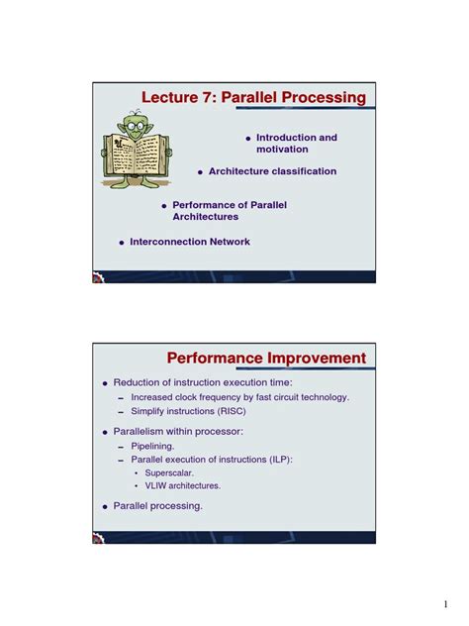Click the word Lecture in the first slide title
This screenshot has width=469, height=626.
click(x=174, y=98)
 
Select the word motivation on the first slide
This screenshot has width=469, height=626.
click(x=282, y=150)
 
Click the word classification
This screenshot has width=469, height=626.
click(x=305, y=171)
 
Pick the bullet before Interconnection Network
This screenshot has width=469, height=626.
click(x=121, y=243)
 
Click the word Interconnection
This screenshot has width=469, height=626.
click(x=165, y=242)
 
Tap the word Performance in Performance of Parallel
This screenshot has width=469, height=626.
click(x=202, y=205)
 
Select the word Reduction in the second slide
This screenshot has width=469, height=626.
click(x=138, y=381)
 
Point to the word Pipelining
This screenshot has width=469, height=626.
click(x=152, y=446)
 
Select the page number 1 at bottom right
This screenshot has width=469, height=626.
click(x=446, y=603)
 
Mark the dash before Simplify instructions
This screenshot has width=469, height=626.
click(x=121, y=411)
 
